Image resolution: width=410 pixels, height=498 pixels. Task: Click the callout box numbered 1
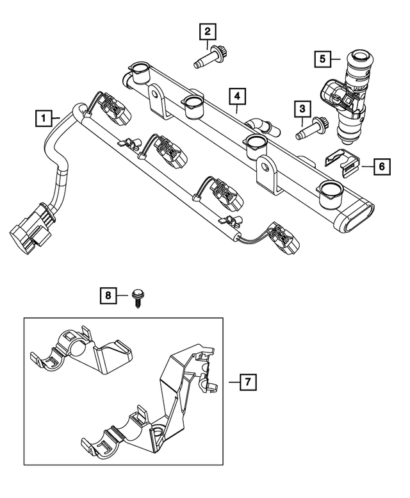(43, 118)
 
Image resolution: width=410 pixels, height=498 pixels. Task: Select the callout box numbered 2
(207, 30)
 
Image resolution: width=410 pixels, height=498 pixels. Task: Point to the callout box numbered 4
(237, 97)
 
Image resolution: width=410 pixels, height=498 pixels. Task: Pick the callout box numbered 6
(380, 167)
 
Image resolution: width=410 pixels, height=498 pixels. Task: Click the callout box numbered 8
(108, 295)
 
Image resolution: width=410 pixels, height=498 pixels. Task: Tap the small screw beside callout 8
(137, 298)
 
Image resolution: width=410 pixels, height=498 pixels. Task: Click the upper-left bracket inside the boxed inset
(83, 355)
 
